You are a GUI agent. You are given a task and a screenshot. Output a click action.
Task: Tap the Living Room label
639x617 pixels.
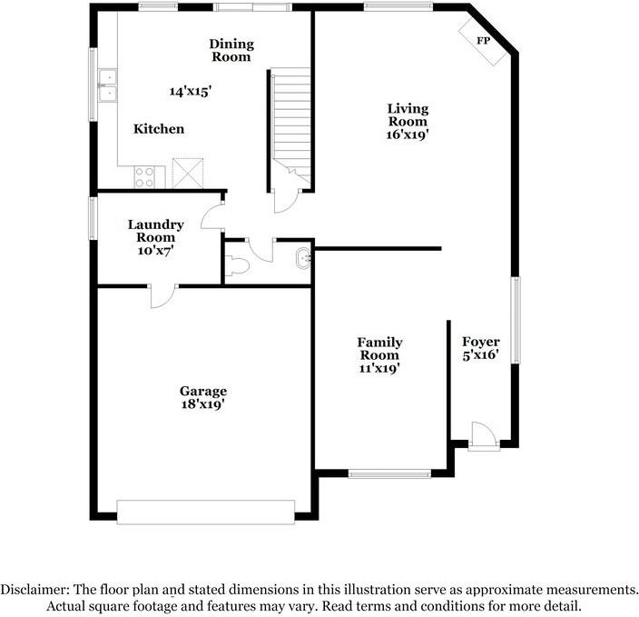(x=408, y=114)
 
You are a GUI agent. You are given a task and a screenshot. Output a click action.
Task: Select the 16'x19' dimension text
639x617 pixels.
(x=408, y=134)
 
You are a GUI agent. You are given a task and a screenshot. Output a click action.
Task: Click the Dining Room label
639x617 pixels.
(x=231, y=50)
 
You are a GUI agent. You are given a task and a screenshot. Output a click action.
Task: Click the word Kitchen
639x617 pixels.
(x=159, y=129)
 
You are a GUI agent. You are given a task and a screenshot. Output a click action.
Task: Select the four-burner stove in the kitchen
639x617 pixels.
(x=144, y=175)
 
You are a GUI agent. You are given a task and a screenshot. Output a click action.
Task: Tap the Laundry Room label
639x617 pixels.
(x=156, y=231)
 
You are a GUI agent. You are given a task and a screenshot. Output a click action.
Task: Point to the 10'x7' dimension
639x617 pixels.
(x=156, y=250)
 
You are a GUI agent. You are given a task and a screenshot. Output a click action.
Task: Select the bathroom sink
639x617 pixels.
(x=303, y=261)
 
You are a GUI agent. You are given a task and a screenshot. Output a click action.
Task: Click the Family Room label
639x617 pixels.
(x=379, y=349)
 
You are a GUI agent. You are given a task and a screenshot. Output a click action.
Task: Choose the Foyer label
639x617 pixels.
(x=481, y=342)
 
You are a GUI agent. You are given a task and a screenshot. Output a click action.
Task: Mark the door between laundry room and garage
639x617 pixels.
(x=163, y=294)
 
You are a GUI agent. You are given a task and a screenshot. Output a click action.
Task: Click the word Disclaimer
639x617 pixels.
(x=36, y=589)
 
